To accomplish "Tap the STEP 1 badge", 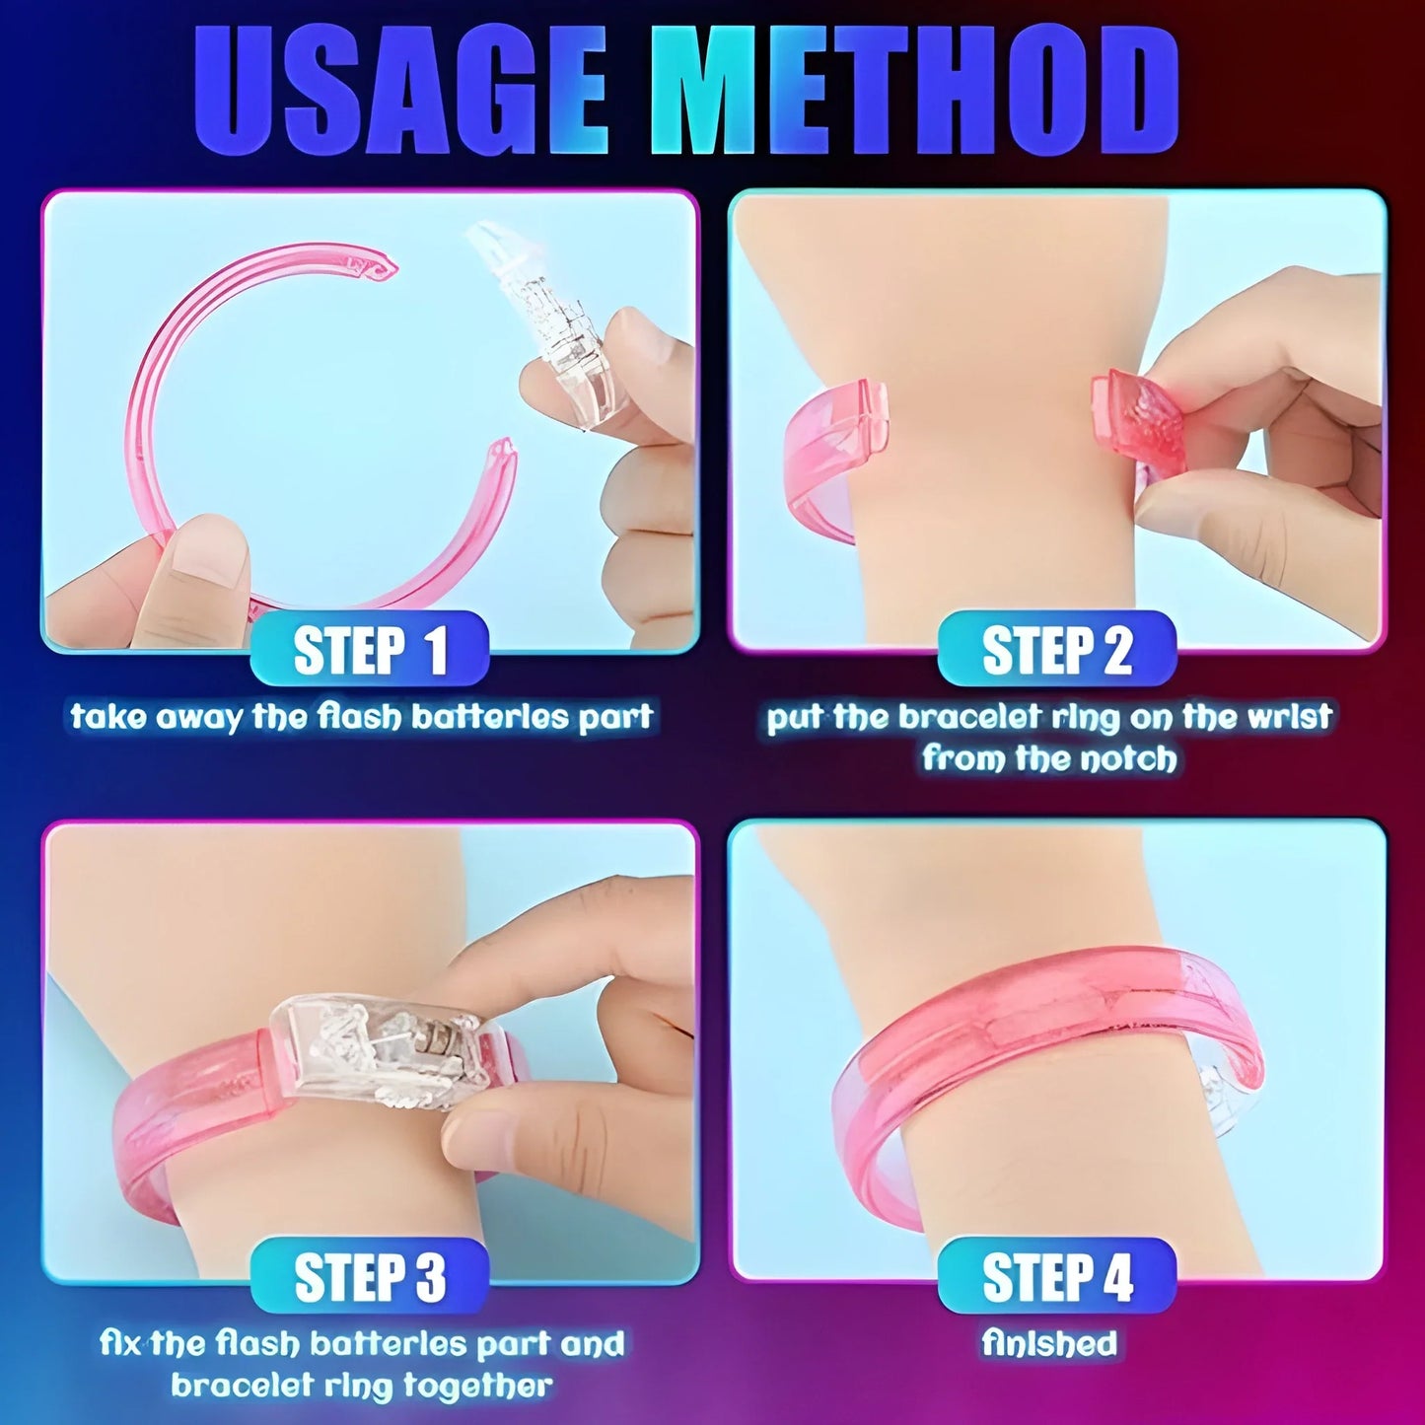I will [x=370, y=650].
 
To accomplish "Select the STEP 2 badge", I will [x=1056, y=650].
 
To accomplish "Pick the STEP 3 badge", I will [x=370, y=1276].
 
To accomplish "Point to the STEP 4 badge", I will [x=1056, y=1276].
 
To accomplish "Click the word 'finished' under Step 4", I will [x=1049, y=1343].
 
